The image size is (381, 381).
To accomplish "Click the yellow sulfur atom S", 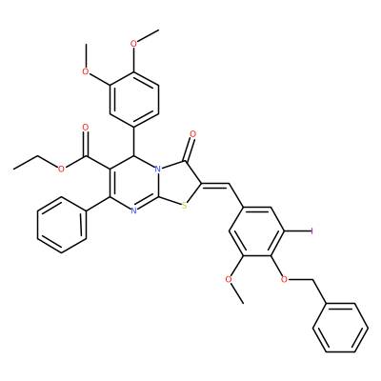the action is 185,206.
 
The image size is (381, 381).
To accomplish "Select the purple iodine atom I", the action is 311,231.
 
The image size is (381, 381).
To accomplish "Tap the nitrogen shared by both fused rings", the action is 158,169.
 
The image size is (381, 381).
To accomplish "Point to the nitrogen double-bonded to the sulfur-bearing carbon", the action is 133,211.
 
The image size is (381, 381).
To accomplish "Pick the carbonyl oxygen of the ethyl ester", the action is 85,128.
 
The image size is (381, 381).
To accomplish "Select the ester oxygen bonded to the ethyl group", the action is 61,169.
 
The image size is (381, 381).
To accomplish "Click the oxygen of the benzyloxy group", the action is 285,280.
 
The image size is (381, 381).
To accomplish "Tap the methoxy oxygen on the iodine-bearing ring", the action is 228,280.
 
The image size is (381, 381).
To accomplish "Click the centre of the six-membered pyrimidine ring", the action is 134,183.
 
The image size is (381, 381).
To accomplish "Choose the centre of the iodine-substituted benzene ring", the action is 256,231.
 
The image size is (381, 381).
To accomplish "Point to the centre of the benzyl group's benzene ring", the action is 340,328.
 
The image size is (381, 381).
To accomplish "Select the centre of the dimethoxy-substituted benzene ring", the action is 134,98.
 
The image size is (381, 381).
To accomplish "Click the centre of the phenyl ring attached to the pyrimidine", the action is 62,225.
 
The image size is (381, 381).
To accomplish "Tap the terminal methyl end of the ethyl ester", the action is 14,169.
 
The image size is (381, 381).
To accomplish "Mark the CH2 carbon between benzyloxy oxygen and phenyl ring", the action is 313,280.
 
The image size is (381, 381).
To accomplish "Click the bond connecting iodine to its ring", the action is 296,231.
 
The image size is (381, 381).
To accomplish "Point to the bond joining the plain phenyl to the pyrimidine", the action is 98,204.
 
